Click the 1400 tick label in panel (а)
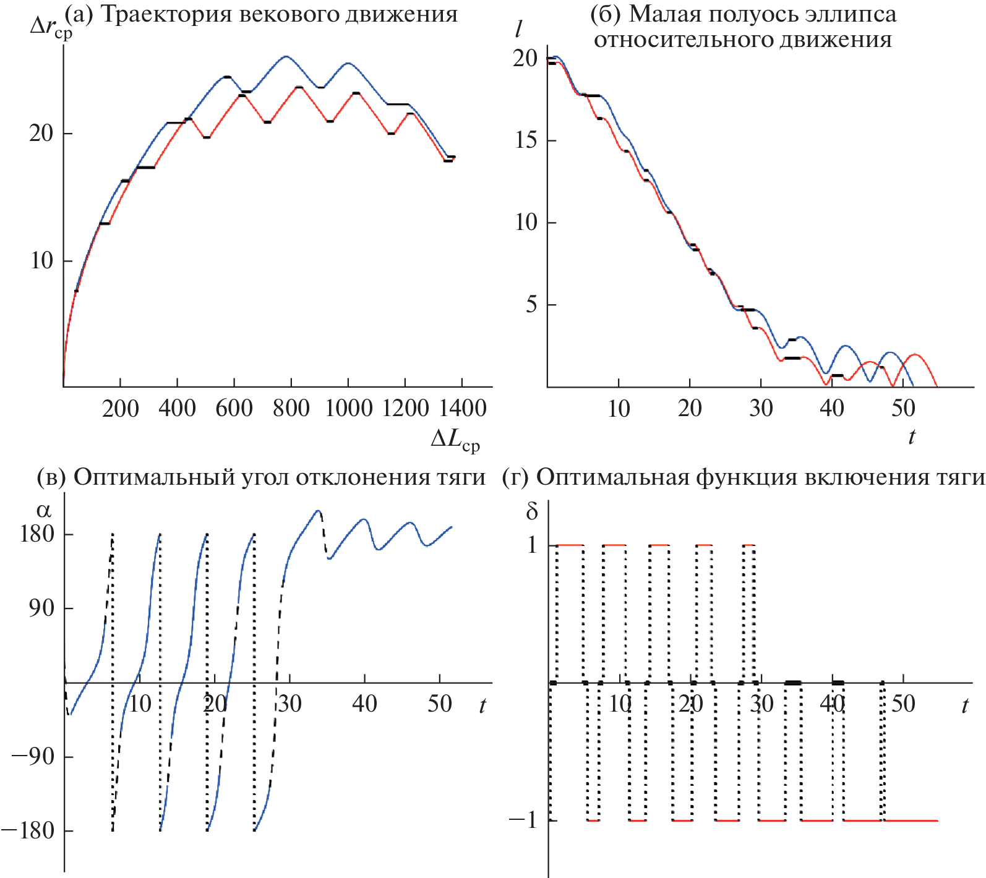pyautogui.click(x=462, y=409)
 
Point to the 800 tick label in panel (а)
pyautogui.click(x=291, y=409)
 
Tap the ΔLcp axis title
pyautogui.click(x=455, y=439)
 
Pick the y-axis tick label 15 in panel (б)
pyautogui.click(x=526, y=140)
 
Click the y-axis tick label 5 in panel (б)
pyautogui.click(x=532, y=305)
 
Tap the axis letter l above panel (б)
pyautogui.click(x=518, y=29)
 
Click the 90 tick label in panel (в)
pyautogui.click(x=42, y=608)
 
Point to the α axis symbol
pyautogui.click(x=44, y=511)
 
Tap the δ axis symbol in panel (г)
pyautogui.click(x=532, y=511)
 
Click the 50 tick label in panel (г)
pyautogui.click(x=903, y=704)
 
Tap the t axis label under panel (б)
pyautogui.click(x=912, y=437)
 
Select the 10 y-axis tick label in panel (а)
pyautogui.click(x=42, y=261)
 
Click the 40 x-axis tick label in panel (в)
pyautogui.click(x=364, y=704)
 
